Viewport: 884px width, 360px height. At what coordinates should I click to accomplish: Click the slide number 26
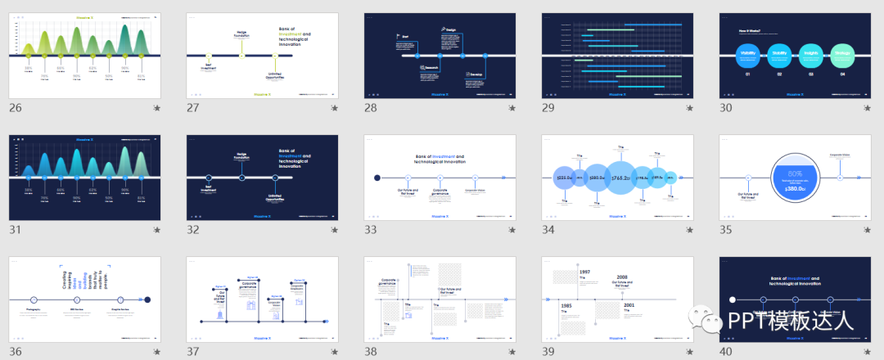click(15, 108)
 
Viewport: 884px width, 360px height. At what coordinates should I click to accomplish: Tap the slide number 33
click(372, 230)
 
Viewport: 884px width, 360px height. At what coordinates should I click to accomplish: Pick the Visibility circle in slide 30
click(747, 55)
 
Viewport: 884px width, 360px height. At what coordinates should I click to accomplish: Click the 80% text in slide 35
click(795, 173)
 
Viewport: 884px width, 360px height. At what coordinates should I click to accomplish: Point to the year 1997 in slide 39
click(584, 272)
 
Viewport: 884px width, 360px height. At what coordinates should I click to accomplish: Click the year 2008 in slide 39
click(622, 277)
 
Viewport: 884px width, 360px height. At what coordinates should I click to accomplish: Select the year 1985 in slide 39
click(566, 305)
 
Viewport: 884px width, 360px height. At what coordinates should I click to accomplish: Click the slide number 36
click(16, 353)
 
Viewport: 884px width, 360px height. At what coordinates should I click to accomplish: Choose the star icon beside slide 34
click(688, 231)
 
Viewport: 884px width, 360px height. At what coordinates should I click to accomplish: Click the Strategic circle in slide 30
click(841, 55)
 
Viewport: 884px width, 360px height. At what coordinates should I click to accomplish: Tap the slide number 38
click(372, 353)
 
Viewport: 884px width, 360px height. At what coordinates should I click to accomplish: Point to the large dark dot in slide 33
click(377, 178)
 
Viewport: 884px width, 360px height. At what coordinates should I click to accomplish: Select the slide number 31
click(15, 230)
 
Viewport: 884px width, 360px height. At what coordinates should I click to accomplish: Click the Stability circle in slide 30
click(779, 55)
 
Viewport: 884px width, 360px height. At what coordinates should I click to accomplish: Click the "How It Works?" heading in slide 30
click(751, 30)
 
